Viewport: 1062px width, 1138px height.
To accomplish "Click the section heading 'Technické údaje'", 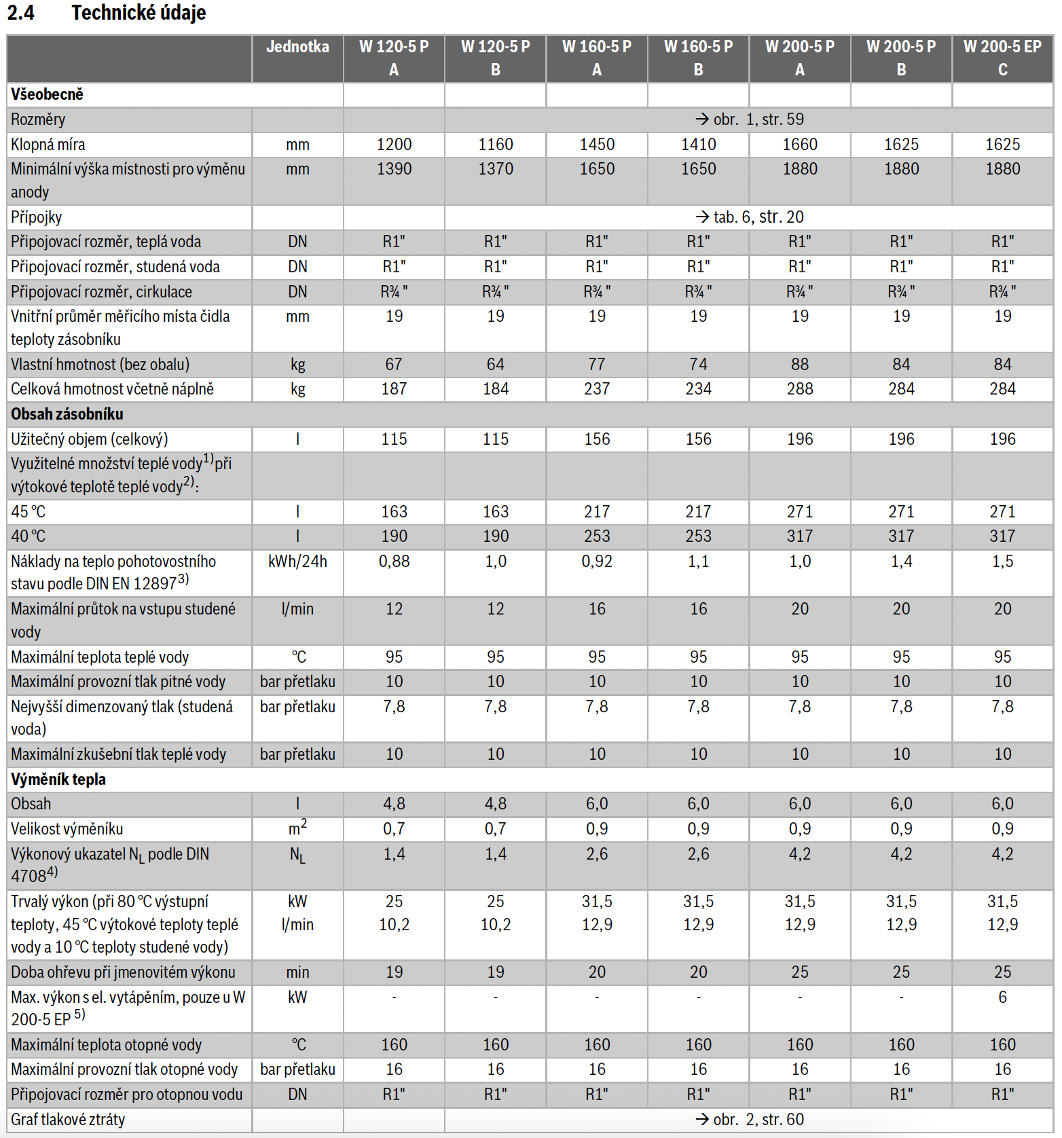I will [x=139, y=12].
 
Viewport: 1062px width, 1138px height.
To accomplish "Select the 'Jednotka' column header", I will [x=297, y=47].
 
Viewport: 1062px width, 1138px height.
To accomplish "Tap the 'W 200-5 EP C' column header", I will [x=1002, y=58].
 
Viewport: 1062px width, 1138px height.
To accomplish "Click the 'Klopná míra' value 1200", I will [x=394, y=145].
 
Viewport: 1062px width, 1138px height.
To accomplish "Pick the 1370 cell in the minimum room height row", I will [x=496, y=169].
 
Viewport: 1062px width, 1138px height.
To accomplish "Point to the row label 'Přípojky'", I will [x=37, y=217].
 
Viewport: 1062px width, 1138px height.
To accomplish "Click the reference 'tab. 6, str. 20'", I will [x=749, y=217].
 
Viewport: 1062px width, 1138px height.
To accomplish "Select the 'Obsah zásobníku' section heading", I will [x=67, y=414].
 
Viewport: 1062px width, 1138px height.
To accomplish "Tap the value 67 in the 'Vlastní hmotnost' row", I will [x=394, y=365].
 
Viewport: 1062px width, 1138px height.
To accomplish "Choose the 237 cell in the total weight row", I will [x=597, y=389].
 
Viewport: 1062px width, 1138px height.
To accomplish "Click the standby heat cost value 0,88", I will [x=394, y=562].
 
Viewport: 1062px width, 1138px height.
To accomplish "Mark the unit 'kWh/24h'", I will [x=297, y=562].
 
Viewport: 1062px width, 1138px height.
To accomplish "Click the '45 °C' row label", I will [x=29, y=511].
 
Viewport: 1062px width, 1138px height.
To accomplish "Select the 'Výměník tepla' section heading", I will [x=58, y=779].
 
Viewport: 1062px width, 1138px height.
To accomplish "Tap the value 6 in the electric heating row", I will [x=1002, y=997].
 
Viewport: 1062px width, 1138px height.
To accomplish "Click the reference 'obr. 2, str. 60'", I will [x=749, y=1120].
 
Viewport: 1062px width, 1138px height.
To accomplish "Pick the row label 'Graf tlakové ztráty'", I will [x=68, y=1120].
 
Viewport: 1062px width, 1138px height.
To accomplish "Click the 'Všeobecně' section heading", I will [x=47, y=94].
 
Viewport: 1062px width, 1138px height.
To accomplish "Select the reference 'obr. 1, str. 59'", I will [x=749, y=120].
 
